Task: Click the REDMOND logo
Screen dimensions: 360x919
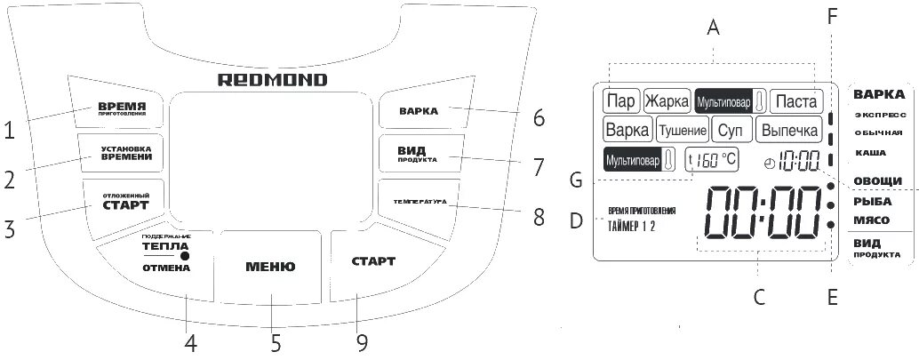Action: click(273, 80)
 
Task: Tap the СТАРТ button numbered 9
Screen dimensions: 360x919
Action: click(373, 261)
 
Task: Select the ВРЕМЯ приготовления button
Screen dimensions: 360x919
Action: click(123, 108)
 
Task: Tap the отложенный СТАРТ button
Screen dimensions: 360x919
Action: click(123, 201)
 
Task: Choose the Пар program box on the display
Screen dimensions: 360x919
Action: click(620, 100)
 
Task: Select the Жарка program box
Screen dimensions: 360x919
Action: click(667, 100)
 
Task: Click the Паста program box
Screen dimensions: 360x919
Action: click(795, 100)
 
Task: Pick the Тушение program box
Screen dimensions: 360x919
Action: click(683, 131)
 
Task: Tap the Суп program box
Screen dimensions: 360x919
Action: click(729, 131)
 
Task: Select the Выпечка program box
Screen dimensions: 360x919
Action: click(788, 131)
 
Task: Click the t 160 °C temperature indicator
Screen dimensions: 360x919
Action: click(711, 161)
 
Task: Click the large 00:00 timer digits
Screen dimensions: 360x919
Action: click(760, 214)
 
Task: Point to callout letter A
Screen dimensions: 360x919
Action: click(712, 28)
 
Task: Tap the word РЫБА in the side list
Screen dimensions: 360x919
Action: click(873, 202)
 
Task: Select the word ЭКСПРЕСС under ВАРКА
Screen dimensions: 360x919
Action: click(881, 116)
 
